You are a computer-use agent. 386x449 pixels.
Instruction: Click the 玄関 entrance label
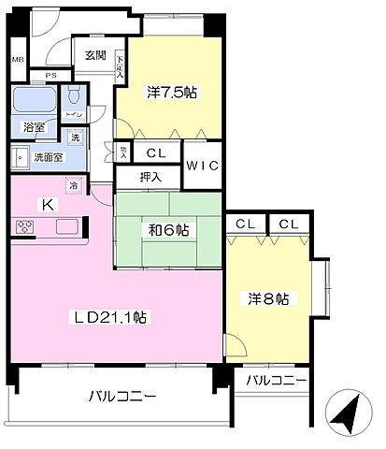coord(94,55)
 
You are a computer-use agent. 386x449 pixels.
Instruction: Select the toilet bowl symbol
coord(76,97)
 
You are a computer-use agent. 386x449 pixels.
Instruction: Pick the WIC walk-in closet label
coord(202,166)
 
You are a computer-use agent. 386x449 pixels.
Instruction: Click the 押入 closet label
coord(150,175)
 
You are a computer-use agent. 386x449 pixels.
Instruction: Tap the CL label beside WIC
coord(156,152)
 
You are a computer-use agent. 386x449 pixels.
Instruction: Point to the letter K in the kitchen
coord(44,203)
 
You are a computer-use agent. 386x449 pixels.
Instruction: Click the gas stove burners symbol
coord(25,226)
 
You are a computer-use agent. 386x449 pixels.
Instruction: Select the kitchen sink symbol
coord(67,226)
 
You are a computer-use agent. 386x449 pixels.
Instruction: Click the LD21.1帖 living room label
coord(111,318)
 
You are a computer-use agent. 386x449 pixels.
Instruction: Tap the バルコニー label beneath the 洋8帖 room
coord(276,381)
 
